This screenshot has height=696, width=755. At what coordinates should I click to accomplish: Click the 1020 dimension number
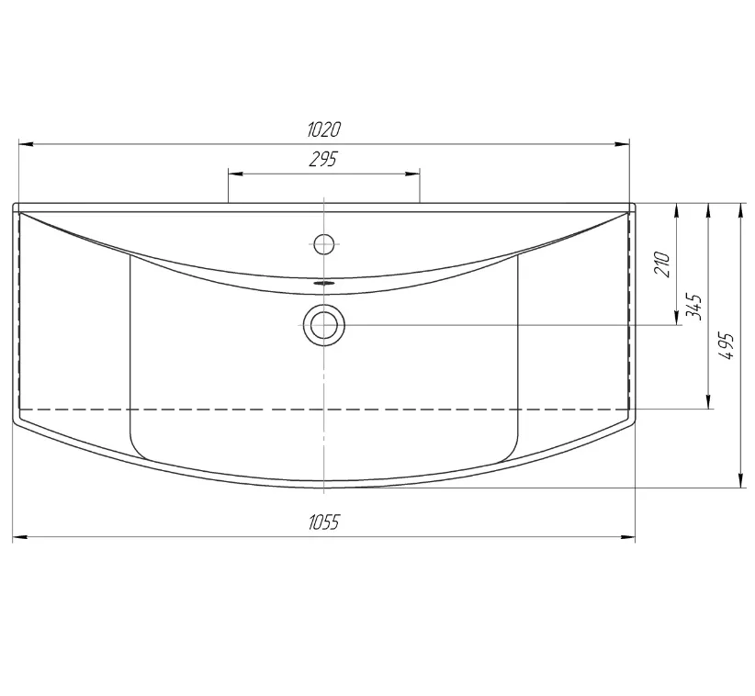[324, 129]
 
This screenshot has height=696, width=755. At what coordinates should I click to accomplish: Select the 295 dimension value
[323, 160]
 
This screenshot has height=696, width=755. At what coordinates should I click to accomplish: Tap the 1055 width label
[324, 522]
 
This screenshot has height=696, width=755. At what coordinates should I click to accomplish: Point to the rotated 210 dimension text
[662, 264]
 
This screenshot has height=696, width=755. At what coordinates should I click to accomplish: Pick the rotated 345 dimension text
[693, 307]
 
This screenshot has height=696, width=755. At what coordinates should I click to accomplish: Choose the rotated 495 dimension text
[726, 345]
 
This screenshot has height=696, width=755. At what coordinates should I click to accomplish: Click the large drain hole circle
[324, 325]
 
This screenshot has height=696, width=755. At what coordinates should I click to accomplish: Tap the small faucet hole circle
[324, 244]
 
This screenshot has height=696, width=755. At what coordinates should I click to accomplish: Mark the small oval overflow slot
[323, 283]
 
